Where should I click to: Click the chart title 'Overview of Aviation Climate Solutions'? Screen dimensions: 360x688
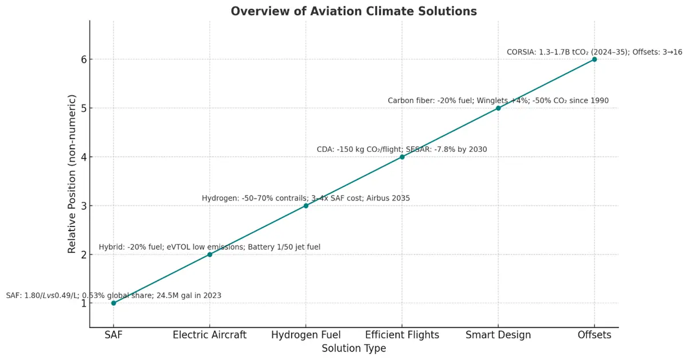coord(354,11)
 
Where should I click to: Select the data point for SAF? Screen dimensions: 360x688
coord(114,303)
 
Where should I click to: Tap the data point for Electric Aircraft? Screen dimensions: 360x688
coord(210,255)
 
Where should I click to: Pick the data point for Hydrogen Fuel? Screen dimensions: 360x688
coord(306,206)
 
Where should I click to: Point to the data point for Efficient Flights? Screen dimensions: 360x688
coord(402,157)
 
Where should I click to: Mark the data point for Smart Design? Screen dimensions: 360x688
coord(498,108)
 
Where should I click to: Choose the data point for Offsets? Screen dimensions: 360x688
coord(595,59)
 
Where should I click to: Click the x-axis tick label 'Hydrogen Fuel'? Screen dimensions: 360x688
coord(306,335)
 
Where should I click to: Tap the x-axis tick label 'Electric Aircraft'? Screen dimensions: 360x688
coord(210,335)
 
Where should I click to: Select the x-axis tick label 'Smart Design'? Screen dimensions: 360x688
coord(498,335)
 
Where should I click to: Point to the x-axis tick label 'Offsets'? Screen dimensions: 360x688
coord(595,335)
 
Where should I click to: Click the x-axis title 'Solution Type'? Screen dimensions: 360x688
coord(354,349)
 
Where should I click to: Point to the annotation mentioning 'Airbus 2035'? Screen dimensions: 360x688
coord(306,198)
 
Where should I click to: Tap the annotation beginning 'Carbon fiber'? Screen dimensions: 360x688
coord(498,101)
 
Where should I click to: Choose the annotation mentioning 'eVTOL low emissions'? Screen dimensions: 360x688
coord(210,247)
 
